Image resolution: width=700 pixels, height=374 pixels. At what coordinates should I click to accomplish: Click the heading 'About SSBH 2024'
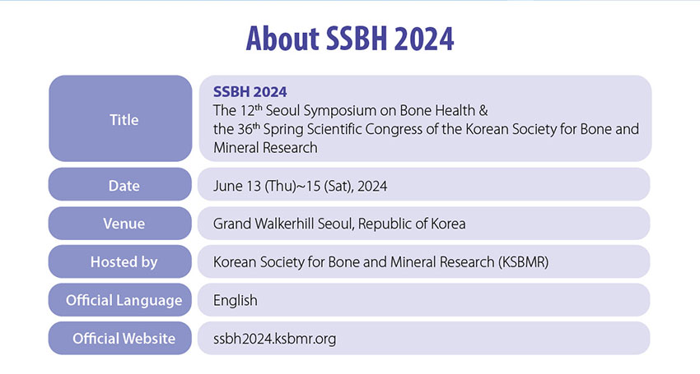pyautogui.click(x=350, y=39)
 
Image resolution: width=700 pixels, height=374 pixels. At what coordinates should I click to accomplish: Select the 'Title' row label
pyautogui.click(x=124, y=119)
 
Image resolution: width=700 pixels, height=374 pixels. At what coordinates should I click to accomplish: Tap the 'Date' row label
pyautogui.click(x=124, y=186)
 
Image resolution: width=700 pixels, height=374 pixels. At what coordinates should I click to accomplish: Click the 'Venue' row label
pyautogui.click(x=124, y=224)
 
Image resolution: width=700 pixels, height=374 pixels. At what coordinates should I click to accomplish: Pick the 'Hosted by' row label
pyautogui.click(x=124, y=261)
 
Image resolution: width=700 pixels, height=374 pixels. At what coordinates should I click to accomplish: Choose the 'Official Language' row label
pyautogui.click(x=124, y=300)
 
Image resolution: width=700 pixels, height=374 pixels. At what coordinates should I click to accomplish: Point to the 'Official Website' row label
pyautogui.click(x=124, y=339)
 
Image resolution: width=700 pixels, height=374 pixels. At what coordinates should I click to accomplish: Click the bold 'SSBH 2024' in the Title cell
pyautogui.click(x=250, y=92)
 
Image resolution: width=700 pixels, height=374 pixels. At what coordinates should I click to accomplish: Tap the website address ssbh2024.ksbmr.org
pyautogui.click(x=274, y=339)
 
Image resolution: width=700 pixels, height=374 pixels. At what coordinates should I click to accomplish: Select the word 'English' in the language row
pyautogui.click(x=236, y=301)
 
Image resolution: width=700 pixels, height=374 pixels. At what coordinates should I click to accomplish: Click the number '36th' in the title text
pyautogui.click(x=249, y=128)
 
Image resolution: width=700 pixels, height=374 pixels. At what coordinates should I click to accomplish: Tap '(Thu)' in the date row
pyautogui.click(x=280, y=186)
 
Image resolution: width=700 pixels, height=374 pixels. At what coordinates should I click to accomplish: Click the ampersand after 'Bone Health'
pyautogui.click(x=483, y=110)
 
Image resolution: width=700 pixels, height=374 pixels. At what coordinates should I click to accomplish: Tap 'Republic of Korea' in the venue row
pyautogui.click(x=412, y=224)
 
